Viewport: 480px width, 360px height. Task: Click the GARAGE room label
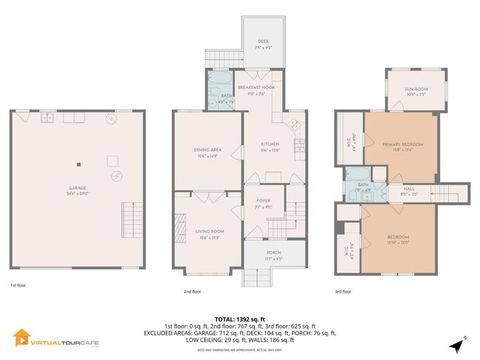pyautogui.click(x=78, y=191)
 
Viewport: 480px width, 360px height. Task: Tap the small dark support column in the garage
pyautogui.click(x=78, y=164)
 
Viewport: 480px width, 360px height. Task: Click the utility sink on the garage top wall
pyautogui.click(x=46, y=117)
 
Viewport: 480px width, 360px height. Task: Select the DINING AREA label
pyautogui.click(x=205, y=152)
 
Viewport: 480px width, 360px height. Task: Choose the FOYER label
pyautogui.click(x=263, y=203)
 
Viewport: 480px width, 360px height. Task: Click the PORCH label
pyautogui.click(x=274, y=256)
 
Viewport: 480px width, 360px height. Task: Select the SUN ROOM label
pyautogui.click(x=415, y=91)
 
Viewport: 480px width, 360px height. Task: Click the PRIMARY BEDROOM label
pyautogui.click(x=402, y=146)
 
